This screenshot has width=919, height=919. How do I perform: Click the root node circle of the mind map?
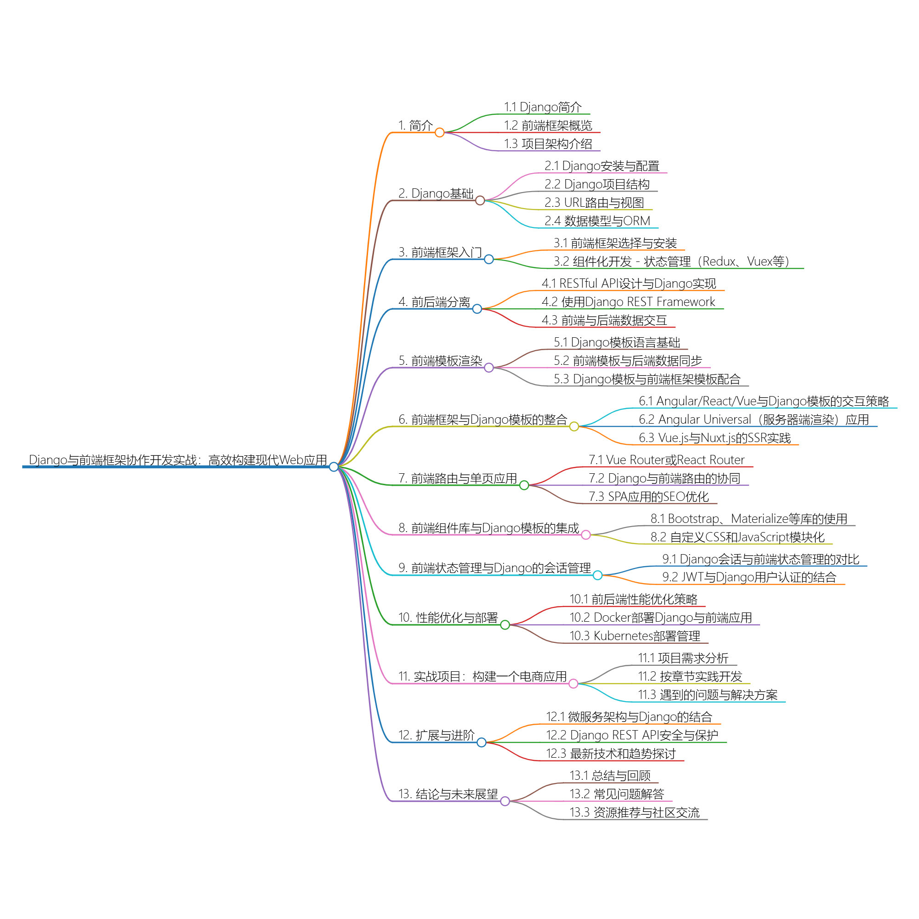(334, 467)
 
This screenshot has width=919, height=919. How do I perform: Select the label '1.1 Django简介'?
(542, 107)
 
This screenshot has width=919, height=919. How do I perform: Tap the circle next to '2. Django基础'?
(480, 201)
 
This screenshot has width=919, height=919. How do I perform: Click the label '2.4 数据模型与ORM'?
(597, 221)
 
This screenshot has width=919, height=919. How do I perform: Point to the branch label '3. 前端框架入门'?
(440, 252)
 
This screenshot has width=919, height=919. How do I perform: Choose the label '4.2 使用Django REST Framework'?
(628, 302)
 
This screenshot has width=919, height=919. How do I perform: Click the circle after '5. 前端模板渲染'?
(488, 368)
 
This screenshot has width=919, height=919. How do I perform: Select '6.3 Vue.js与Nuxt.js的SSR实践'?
(715, 438)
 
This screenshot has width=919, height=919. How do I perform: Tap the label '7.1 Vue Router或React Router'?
(666, 460)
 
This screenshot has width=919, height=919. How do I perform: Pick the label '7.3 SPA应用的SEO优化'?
(648, 497)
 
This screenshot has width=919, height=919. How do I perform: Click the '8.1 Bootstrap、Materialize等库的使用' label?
(749, 519)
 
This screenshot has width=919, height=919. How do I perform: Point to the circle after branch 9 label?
(597, 576)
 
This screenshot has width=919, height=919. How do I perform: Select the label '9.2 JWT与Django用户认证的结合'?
(749, 578)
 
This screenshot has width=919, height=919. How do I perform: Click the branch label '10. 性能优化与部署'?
(448, 618)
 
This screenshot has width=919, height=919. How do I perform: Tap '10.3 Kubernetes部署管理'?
(635, 636)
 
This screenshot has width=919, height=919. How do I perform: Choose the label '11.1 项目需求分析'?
(683, 658)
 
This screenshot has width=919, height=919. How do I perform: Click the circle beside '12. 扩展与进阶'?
(482, 743)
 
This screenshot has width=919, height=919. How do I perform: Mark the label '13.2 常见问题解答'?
(617, 794)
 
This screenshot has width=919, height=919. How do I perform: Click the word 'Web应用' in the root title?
(303, 460)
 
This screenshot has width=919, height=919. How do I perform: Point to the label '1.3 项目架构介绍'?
(548, 144)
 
